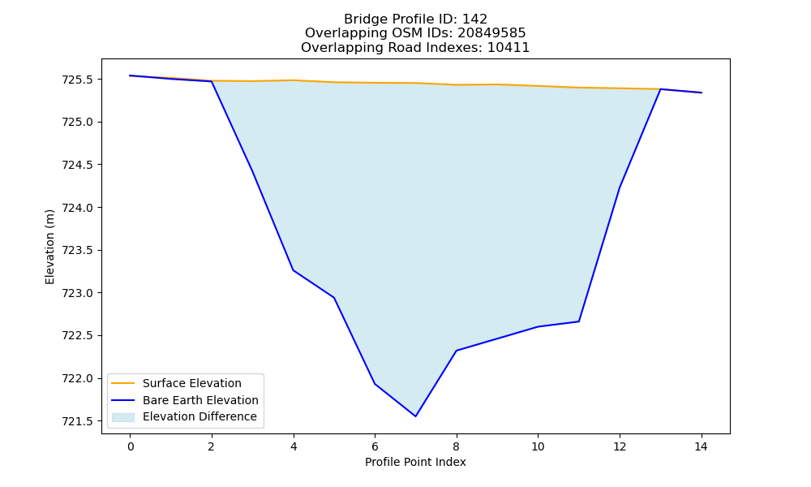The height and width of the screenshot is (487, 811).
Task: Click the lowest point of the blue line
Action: (415, 416)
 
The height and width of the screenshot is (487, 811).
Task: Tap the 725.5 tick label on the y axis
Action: (79, 80)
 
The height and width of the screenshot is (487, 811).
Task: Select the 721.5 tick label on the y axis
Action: (79, 421)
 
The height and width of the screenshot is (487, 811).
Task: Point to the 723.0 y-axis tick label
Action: (79, 293)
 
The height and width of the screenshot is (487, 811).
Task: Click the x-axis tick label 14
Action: (701, 446)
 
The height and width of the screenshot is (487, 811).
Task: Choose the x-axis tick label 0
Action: (131, 446)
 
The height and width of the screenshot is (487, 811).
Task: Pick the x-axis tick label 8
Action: (456, 446)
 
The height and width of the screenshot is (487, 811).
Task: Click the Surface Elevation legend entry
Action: (192, 383)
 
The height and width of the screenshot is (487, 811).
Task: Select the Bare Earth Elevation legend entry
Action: (200, 400)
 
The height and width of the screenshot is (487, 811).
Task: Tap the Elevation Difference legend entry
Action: (200, 416)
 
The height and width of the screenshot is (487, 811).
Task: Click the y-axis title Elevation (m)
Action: (49, 247)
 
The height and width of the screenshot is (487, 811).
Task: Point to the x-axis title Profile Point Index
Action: (415, 462)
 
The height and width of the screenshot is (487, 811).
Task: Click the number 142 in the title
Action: (474, 19)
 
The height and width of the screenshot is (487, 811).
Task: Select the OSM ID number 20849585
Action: (491, 33)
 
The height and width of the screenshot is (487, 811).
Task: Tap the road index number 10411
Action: (508, 48)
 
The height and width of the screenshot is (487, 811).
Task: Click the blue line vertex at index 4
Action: (294, 270)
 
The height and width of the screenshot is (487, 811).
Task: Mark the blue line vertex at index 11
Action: (579, 321)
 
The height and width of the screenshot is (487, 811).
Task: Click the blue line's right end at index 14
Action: (702, 93)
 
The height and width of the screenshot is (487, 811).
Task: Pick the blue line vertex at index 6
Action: (375, 383)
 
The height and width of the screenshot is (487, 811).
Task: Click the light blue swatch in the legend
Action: (123, 417)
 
